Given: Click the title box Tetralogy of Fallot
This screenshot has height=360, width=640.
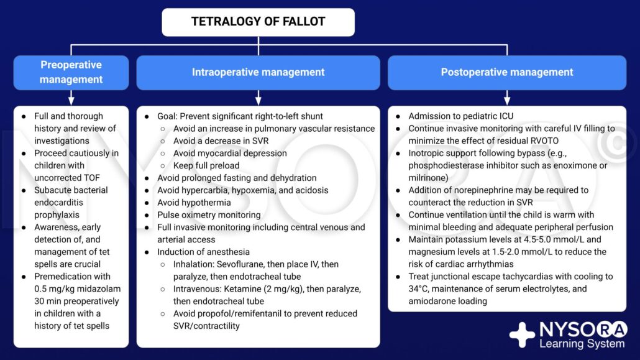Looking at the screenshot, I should [x=258, y=22].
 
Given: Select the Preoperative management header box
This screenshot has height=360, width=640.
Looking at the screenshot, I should [x=71, y=72].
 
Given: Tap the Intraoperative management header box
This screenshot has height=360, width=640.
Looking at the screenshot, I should [x=258, y=72].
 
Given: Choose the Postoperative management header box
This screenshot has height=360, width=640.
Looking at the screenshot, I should [x=507, y=72].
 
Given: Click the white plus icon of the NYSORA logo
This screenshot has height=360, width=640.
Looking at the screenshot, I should [x=521, y=335].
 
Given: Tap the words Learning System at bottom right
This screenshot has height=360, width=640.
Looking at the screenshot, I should [x=582, y=344].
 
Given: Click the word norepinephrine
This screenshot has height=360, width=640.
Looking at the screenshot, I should [x=483, y=190].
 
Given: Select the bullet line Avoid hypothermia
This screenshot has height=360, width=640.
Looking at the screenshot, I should [x=193, y=203].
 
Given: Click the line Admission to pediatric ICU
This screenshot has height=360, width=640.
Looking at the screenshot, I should [x=460, y=116].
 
